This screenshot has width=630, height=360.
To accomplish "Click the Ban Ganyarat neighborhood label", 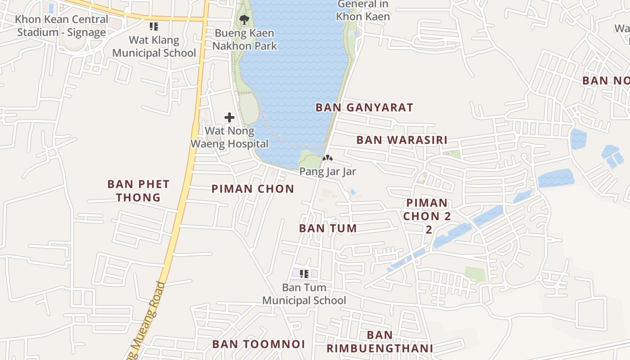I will pyautogui.click(x=364, y=108).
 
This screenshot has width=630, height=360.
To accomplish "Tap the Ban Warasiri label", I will pyautogui.click(x=402, y=140).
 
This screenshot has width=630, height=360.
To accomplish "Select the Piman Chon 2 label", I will pyautogui.click(x=427, y=216).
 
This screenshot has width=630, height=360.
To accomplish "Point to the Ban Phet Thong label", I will pyautogui.click(x=138, y=191).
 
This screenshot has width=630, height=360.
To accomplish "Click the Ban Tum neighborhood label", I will pyautogui.click(x=328, y=228).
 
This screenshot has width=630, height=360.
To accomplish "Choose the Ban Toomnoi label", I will pyautogui.click(x=259, y=344).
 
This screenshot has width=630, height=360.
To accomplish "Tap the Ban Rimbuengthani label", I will pyautogui.click(x=380, y=342).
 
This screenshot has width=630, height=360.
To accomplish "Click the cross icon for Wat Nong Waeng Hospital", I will pyautogui.click(x=229, y=118).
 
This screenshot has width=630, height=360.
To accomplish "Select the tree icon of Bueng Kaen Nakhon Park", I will pyautogui.click(x=244, y=19).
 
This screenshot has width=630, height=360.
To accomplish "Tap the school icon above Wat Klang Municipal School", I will pyautogui.click(x=154, y=27).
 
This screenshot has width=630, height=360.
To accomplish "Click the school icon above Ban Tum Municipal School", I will pyautogui.click(x=304, y=273).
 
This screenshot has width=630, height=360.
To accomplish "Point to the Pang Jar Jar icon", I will pyautogui.click(x=328, y=158).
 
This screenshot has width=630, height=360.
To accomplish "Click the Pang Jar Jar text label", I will pyautogui.click(x=328, y=171).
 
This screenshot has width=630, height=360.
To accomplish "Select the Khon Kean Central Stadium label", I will pyautogui.click(x=62, y=26).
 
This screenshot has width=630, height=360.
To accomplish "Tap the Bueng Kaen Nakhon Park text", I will pyautogui.click(x=244, y=40).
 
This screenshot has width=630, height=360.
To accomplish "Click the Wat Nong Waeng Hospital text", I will pyautogui.click(x=229, y=137).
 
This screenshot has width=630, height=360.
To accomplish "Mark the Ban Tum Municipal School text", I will pyautogui.click(x=304, y=294).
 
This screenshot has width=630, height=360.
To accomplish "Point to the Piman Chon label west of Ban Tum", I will pyautogui.click(x=252, y=189).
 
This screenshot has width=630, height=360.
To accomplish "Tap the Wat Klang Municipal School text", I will pyautogui.click(x=154, y=46).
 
